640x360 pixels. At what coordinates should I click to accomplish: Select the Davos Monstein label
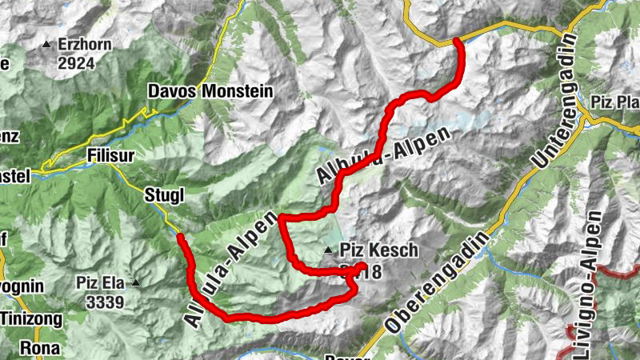tap(211, 92)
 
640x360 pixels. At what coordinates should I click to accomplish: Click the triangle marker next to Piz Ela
tap(136, 282)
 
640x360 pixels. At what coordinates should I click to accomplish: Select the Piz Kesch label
tap(379, 250)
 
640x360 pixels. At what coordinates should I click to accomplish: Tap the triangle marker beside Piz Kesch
tap(329, 251)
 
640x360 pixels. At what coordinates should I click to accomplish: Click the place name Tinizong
tap(30, 318)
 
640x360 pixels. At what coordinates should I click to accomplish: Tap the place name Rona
tap(36, 348)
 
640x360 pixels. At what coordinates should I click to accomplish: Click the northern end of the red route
tap(457, 40)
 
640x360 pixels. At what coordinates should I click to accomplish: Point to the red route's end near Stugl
tap(180, 237)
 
